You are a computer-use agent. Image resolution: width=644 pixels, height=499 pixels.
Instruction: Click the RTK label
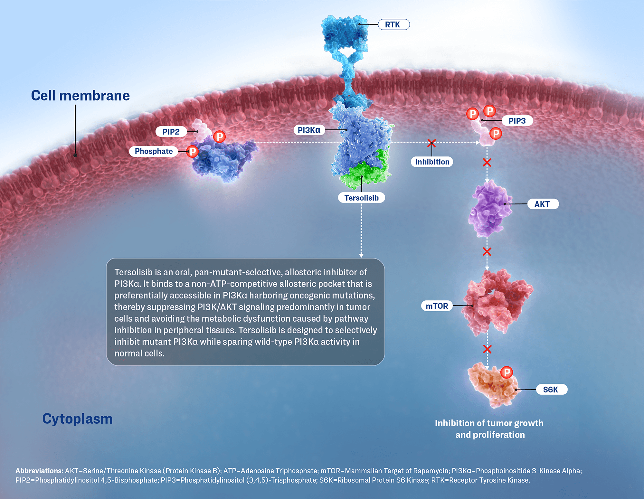point(393,24)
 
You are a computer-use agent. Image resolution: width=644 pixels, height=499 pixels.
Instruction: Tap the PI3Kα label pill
point(309,130)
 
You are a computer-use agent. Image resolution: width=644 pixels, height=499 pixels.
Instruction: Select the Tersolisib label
point(361,198)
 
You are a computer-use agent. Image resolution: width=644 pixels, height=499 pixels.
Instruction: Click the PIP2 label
point(171,132)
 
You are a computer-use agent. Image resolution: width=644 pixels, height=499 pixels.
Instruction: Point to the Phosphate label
point(154,151)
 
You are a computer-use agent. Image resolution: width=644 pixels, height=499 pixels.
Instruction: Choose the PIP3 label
point(517,121)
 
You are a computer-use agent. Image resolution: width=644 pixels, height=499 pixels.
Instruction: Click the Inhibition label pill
point(432,162)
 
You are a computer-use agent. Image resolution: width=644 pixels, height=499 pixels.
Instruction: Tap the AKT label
point(543,204)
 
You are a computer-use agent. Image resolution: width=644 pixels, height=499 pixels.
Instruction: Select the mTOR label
point(437,306)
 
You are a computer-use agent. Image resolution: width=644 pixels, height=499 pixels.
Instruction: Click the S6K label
point(552,390)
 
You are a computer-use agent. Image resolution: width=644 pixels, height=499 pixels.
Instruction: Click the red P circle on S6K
point(507,372)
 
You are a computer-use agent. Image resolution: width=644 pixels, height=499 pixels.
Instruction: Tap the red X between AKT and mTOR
point(487,251)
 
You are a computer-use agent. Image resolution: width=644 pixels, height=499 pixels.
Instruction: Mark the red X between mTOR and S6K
point(487,349)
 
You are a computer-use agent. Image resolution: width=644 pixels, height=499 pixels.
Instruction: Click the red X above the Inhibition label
point(431,143)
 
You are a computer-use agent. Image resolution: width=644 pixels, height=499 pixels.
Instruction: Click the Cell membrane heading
point(80,96)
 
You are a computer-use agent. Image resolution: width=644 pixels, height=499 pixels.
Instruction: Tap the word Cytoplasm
point(77,419)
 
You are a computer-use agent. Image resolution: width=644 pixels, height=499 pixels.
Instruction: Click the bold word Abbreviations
point(39,471)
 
